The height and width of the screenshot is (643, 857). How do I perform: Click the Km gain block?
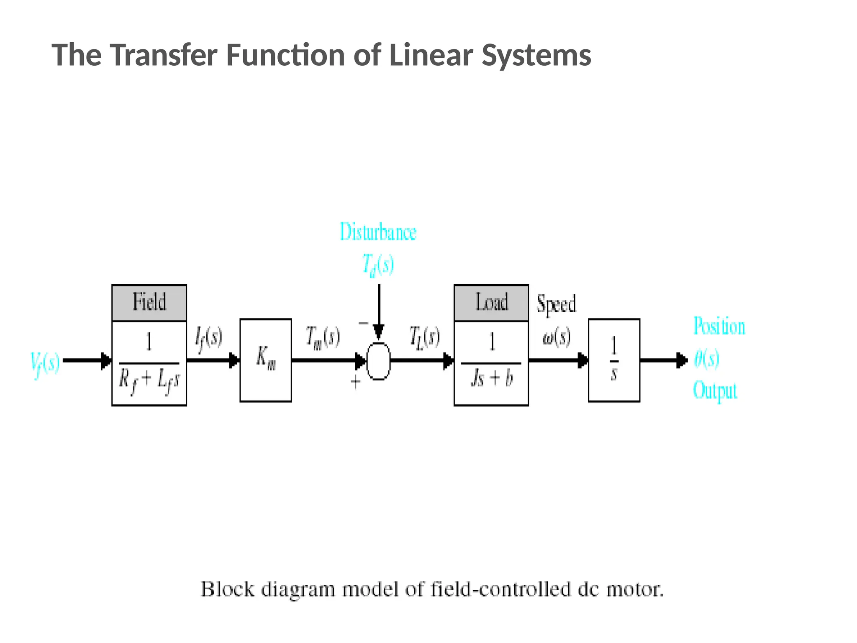click(x=266, y=360)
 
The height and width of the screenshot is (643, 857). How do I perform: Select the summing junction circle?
click(x=378, y=361)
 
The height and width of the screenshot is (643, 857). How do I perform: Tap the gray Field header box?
click(x=149, y=303)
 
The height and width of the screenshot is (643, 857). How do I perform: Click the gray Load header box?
click(x=491, y=303)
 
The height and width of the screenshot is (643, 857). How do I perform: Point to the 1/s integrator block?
click(x=614, y=360)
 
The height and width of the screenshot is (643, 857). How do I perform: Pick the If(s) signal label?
click(x=209, y=338)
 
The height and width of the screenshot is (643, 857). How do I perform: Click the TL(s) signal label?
click(x=424, y=337)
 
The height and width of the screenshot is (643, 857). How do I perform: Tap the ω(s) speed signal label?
click(x=557, y=337)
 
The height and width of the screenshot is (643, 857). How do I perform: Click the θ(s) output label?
click(x=707, y=359)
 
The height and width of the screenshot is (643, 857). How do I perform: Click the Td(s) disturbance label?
click(x=378, y=265)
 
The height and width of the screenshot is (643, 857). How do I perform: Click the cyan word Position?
click(x=719, y=326)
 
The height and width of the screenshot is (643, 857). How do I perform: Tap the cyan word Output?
click(x=715, y=391)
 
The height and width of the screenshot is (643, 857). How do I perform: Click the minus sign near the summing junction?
click(x=363, y=323)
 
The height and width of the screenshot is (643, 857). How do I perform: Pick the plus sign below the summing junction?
click(x=356, y=382)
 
